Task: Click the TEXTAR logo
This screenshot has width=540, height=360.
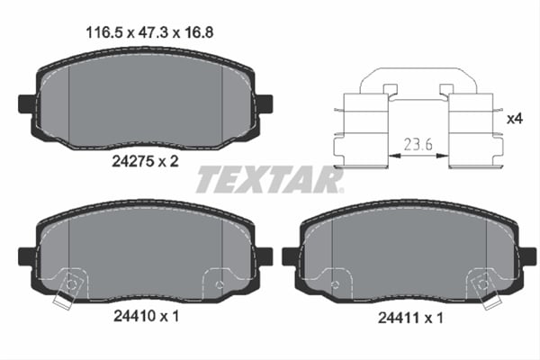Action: tap(269, 180)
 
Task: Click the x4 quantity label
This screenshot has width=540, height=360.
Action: tap(514, 118)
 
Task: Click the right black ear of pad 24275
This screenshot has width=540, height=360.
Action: tap(265, 103)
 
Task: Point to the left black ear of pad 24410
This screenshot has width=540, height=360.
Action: tap(27, 256)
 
